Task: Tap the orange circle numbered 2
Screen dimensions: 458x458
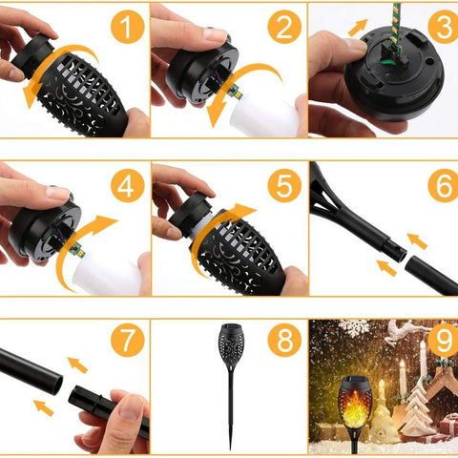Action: tap(283, 29)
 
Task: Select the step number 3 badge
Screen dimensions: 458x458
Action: tap(442, 27)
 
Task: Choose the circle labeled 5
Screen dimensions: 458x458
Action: tap(283, 185)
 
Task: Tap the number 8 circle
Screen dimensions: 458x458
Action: tap(283, 341)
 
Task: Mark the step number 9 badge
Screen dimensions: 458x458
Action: tap(442, 341)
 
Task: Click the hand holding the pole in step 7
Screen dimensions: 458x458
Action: tap(114, 420)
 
